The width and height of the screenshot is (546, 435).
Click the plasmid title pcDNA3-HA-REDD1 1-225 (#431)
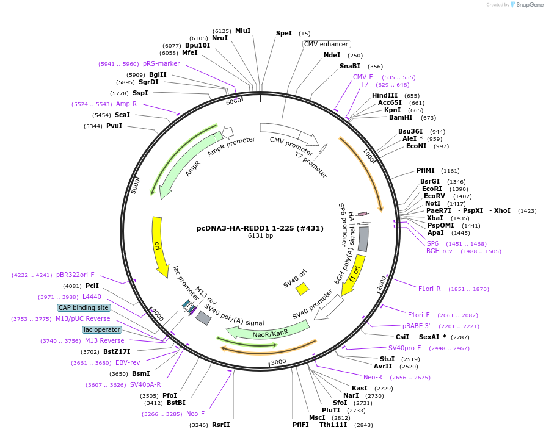pos(260,228)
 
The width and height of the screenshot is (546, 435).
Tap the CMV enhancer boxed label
pos(327,44)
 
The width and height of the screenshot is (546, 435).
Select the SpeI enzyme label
pos(284,33)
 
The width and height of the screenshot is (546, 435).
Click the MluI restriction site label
pos(242,31)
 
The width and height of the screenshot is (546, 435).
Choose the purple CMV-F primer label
pos(363,77)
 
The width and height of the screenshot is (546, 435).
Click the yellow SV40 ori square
pos(302,289)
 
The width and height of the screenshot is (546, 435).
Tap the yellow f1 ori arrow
pos(349,278)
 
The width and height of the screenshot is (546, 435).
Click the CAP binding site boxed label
pos(84,307)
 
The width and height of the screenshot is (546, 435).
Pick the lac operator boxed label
pos(102,329)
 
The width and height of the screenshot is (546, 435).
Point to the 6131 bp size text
pos(260,236)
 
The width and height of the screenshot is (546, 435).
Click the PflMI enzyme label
pos(425,171)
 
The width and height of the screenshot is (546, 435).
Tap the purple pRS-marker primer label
pos(161,63)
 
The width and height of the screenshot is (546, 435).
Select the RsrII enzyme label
pos(220,425)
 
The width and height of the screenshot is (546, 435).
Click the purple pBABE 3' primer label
pos(416,326)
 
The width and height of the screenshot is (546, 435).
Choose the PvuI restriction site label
pos(114,126)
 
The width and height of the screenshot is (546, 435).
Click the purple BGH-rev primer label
pos(439,251)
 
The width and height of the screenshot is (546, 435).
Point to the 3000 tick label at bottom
pos(278,362)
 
